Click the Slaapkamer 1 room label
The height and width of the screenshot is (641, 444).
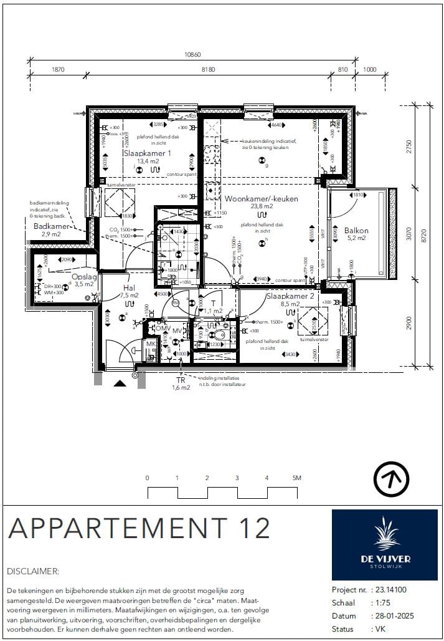point(147,153)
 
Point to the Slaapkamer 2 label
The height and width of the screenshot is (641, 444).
point(291,296)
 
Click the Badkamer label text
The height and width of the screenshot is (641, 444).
point(47,226)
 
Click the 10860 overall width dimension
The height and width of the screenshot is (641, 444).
point(192,54)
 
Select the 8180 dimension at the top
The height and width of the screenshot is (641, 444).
point(207,70)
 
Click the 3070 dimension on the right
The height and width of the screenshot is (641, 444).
point(409,232)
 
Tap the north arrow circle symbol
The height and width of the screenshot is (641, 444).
point(391,480)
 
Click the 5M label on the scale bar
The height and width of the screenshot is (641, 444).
point(296,478)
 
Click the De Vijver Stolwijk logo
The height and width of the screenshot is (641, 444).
point(384,544)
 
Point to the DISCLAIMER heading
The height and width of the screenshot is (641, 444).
point(33,571)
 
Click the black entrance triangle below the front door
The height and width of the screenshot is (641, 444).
point(119,384)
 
